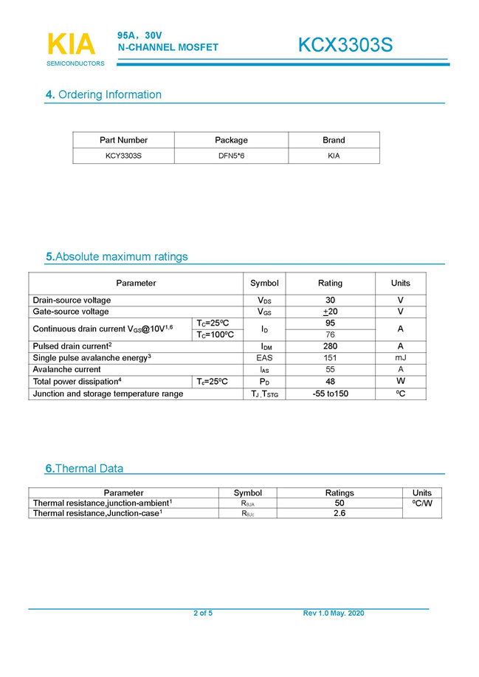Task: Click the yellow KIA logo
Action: click(x=71, y=44)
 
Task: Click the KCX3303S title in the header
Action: click(x=345, y=46)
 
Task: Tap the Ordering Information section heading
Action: click(x=103, y=94)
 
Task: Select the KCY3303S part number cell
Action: click(x=123, y=156)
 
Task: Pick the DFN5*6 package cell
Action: click(x=231, y=156)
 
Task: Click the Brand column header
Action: click(x=334, y=140)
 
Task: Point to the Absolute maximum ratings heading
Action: click(x=117, y=257)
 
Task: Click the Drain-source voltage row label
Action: click(x=72, y=300)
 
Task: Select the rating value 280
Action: click(x=330, y=346)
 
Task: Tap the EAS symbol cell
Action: click(x=264, y=358)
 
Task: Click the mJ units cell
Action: click(x=400, y=358)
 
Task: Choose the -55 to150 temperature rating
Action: click(x=330, y=394)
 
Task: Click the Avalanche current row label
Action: click(x=66, y=370)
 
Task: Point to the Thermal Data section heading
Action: click(x=85, y=469)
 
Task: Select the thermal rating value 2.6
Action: click(x=340, y=513)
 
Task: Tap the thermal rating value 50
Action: click(x=340, y=503)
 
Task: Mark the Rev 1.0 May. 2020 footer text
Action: click(x=334, y=614)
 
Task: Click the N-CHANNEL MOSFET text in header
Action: click(x=168, y=47)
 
